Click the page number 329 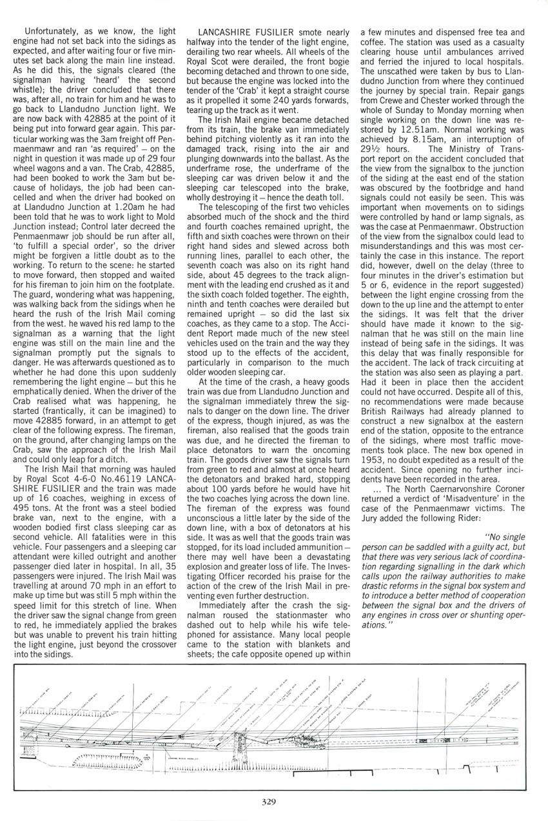click(269, 802)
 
